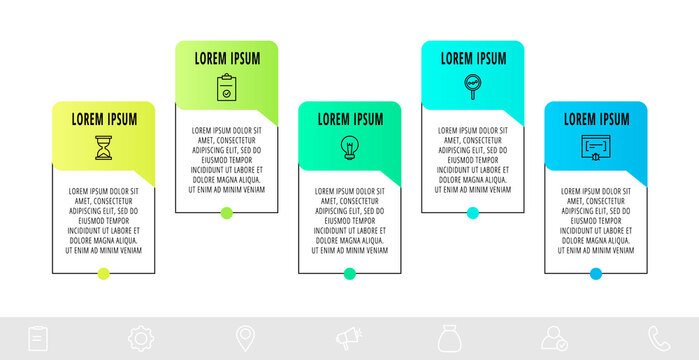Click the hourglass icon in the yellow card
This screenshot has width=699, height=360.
(103, 148)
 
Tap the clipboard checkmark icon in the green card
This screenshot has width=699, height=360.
(227, 88)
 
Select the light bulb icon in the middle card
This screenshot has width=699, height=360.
(350, 148)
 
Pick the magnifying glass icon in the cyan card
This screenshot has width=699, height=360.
(473, 86)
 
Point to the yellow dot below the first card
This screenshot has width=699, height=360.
(103, 273)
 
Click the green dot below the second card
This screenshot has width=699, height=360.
(227, 212)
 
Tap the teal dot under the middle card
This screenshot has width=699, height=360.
(350, 273)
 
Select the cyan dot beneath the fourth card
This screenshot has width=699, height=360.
(473, 212)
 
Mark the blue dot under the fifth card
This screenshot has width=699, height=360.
(596, 273)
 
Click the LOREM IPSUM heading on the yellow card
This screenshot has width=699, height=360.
(104, 119)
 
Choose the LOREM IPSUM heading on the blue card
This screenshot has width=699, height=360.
(597, 119)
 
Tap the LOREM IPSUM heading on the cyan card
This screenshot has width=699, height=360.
(474, 58)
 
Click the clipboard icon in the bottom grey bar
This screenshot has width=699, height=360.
(38, 339)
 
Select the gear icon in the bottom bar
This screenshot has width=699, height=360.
(141, 339)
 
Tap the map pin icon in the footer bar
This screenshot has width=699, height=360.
(244, 339)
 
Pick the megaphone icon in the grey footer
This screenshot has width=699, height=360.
(348, 339)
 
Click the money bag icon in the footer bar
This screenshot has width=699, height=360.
(450, 339)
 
